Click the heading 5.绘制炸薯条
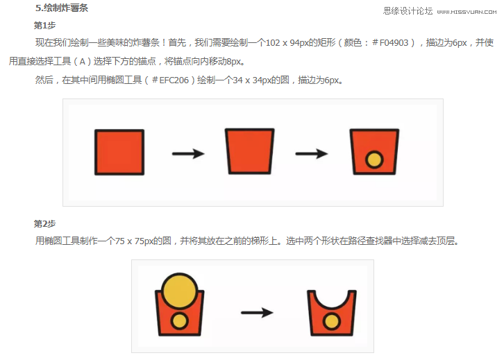tap(62, 8)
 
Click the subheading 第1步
tap(44, 25)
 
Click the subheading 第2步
tap(44, 223)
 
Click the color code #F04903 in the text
tap(394, 43)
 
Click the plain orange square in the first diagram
tap(119, 152)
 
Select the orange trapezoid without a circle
tap(249, 151)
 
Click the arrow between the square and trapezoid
tap(187, 153)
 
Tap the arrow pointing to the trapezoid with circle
tap(311, 153)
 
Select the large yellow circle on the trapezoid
tap(179, 289)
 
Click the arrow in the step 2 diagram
tap(256, 313)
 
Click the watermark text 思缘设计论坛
tap(408, 11)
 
